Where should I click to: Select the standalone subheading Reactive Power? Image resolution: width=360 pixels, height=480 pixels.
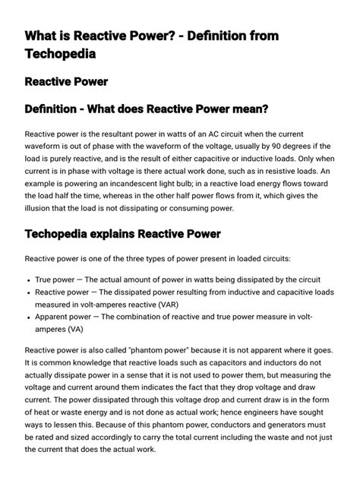pos(66,81)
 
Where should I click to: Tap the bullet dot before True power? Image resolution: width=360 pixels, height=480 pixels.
pos(29,279)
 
